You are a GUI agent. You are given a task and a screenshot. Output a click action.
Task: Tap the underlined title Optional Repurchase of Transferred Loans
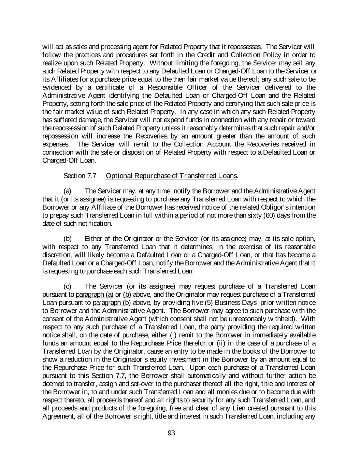tap(172, 176)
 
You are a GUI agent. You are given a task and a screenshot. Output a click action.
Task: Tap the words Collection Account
tap(210, 144)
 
